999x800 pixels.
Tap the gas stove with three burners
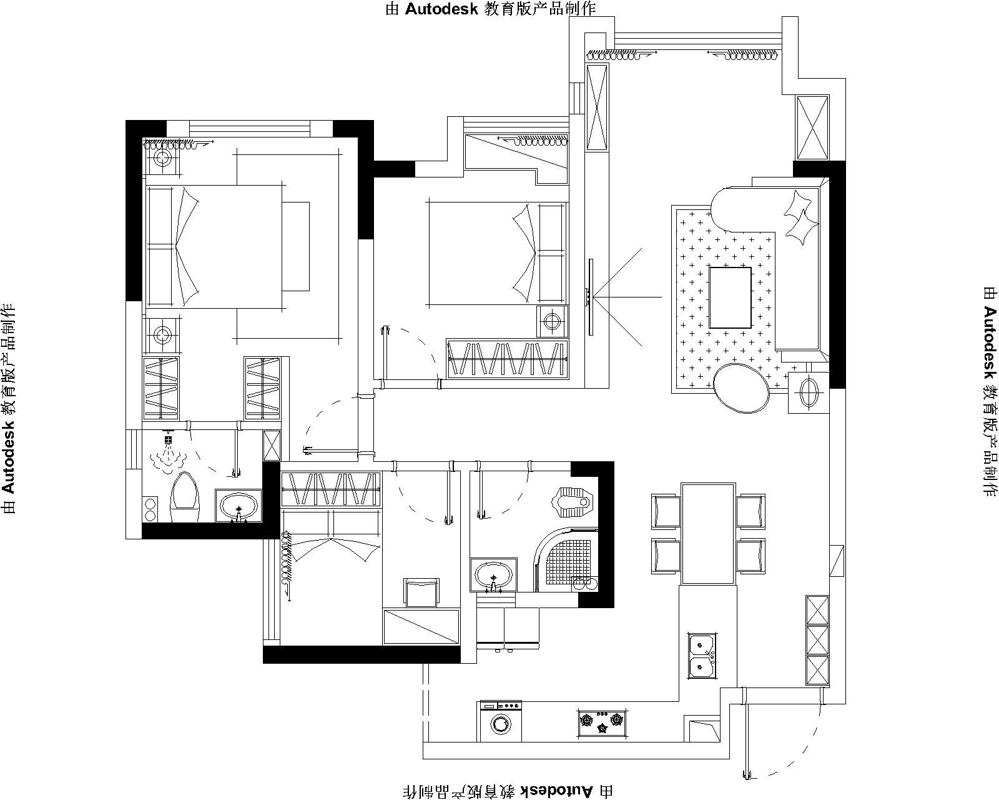click(602, 722)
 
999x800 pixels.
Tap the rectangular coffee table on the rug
click(731, 297)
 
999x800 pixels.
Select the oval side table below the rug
click(741, 387)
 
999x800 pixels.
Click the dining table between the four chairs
click(709, 534)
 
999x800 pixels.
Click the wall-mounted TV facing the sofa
click(591, 297)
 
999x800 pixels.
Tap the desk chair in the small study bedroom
click(421, 592)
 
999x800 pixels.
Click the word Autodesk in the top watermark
click(441, 9)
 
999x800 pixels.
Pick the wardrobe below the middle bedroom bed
click(507, 359)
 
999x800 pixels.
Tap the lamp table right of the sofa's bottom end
click(809, 392)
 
